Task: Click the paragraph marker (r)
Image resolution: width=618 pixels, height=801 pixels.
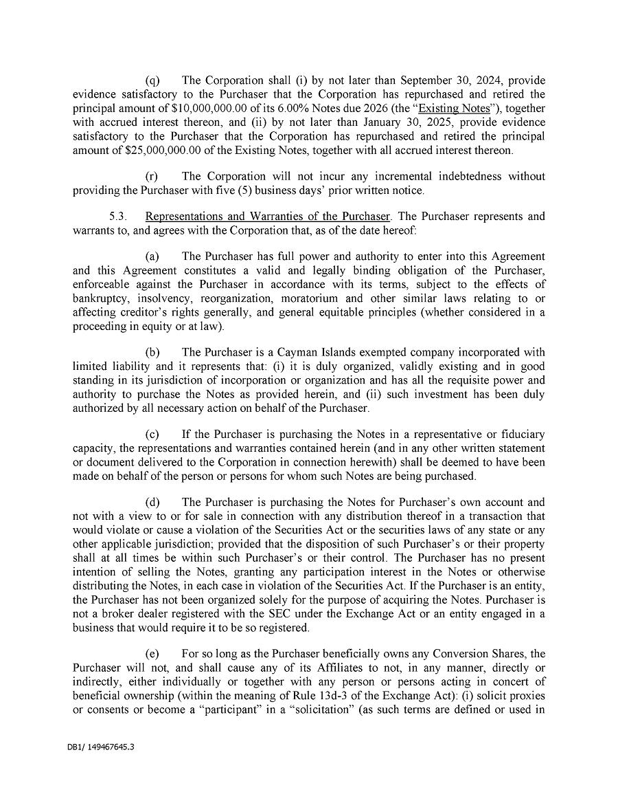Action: [x=152, y=177]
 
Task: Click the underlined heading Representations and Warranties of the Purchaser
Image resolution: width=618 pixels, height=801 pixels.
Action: [x=267, y=217]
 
